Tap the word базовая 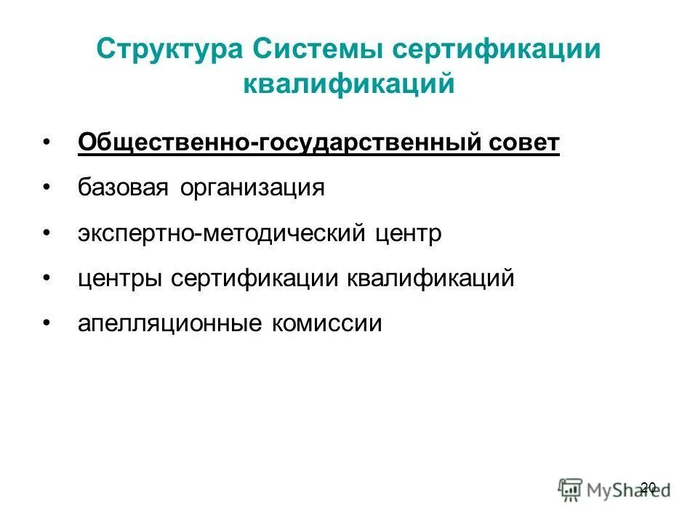tap(120, 188)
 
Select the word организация tap(248, 188)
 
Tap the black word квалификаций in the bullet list tap(432, 278)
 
